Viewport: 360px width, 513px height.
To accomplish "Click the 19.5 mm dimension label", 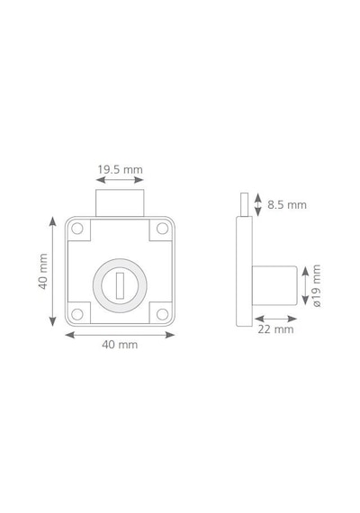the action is (x=120, y=169).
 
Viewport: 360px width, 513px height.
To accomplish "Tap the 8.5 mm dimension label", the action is (x=287, y=205).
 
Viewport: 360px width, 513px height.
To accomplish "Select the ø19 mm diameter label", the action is (x=317, y=285).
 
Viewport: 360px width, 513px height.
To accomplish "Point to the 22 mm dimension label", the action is (x=275, y=329).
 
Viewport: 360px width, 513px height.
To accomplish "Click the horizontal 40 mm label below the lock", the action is (x=120, y=345).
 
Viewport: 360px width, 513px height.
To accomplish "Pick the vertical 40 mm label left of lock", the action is (x=43, y=271).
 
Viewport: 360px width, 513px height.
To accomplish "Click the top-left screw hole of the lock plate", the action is (x=77, y=229).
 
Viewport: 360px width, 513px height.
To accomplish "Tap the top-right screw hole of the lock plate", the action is (x=162, y=229).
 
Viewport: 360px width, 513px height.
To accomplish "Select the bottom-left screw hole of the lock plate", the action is (x=77, y=314).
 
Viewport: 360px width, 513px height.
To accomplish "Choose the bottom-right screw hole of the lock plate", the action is (x=162, y=314).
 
